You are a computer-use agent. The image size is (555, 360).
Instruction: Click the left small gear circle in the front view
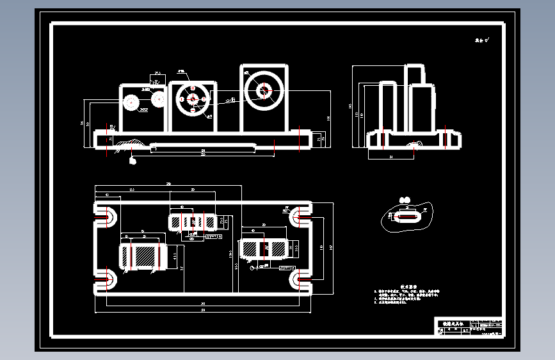click(x=132, y=102)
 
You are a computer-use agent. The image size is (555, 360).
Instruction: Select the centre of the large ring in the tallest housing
click(x=262, y=91)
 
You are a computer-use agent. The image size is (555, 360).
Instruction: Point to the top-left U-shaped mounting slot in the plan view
click(x=106, y=215)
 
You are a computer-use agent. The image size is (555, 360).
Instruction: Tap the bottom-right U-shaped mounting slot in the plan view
click(x=300, y=280)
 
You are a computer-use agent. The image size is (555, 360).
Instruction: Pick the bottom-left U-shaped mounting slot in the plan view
click(x=106, y=280)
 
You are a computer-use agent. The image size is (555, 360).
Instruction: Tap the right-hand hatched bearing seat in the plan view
click(x=264, y=247)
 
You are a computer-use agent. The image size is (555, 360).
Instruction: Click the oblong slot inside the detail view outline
click(x=407, y=217)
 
